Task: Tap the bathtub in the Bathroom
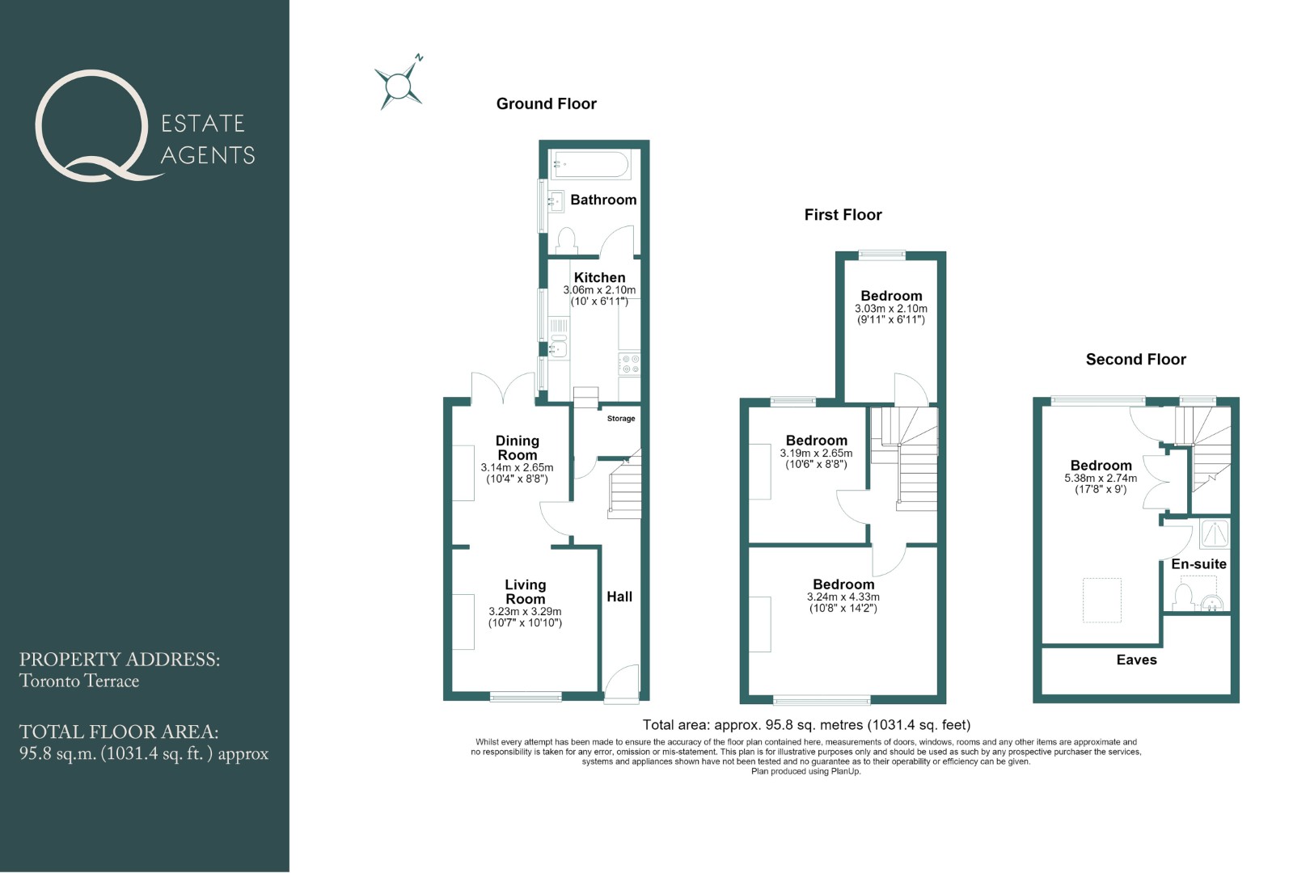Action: (x=590, y=164)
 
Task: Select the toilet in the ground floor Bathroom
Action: (x=566, y=240)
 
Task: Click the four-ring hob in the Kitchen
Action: (x=629, y=364)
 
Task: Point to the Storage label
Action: (x=620, y=419)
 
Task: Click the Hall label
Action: (x=619, y=597)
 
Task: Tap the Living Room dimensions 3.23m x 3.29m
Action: (x=525, y=612)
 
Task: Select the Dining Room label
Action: (x=517, y=448)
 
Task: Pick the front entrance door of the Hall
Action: (x=621, y=681)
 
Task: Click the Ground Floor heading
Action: (x=546, y=103)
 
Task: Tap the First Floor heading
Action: (x=843, y=214)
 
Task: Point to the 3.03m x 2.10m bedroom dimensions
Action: (x=890, y=309)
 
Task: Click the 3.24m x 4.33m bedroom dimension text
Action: (x=843, y=597)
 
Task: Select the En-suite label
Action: (x=1198, y=563)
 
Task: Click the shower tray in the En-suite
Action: (x=1214, y=533)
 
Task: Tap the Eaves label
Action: (x=1136, y=660)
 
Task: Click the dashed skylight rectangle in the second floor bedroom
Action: (x=1102, y=600)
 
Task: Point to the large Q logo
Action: (x=94, y=125)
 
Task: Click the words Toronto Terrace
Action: (x=79, y=681)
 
